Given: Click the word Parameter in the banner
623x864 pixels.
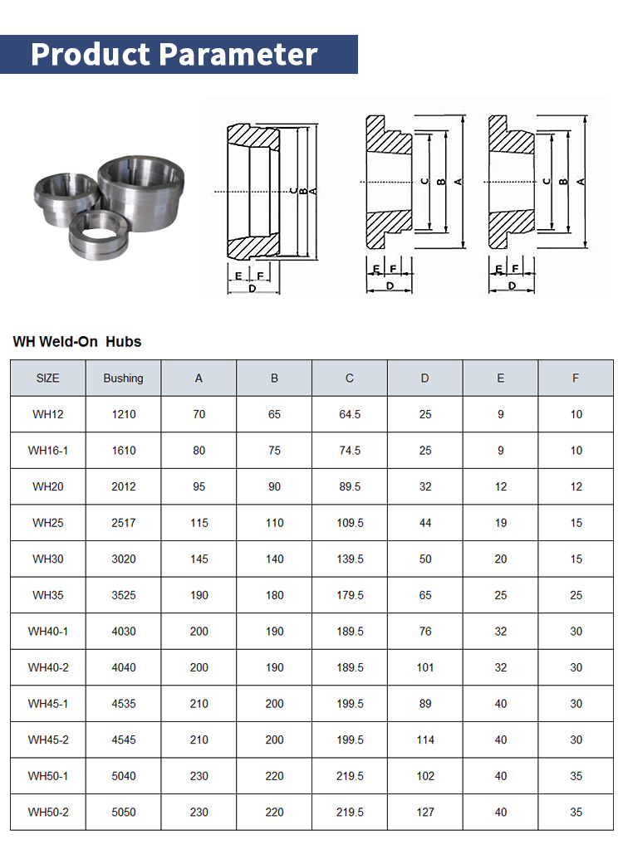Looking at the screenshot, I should pos(238,54).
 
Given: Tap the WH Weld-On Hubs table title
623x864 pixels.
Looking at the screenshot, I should pos(77,341).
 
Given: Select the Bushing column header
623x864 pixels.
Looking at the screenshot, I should pos(123,378).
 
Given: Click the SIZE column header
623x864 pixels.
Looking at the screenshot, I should pos(47,378).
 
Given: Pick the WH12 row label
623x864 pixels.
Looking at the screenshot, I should pos(47,414).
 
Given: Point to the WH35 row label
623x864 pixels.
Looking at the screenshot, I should pos(47,595).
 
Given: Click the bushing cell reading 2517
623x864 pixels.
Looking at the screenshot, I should pos(123,523).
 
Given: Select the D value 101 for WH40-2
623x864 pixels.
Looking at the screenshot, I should pos(425,667).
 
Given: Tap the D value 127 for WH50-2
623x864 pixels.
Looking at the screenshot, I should pos(425,812).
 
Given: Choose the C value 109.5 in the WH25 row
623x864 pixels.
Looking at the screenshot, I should pos(350,523).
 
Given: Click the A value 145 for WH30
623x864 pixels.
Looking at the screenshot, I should pos(199,559).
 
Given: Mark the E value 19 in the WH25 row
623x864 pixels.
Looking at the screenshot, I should pos(500,523).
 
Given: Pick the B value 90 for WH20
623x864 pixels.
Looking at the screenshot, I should pos(274,487).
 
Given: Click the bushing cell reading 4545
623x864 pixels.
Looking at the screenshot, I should pos(123,740).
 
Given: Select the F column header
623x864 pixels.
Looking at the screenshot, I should pos(576,378).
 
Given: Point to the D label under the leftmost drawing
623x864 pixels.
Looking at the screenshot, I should pos(252,288).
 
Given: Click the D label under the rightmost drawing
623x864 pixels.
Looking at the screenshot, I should pos(511,286).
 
